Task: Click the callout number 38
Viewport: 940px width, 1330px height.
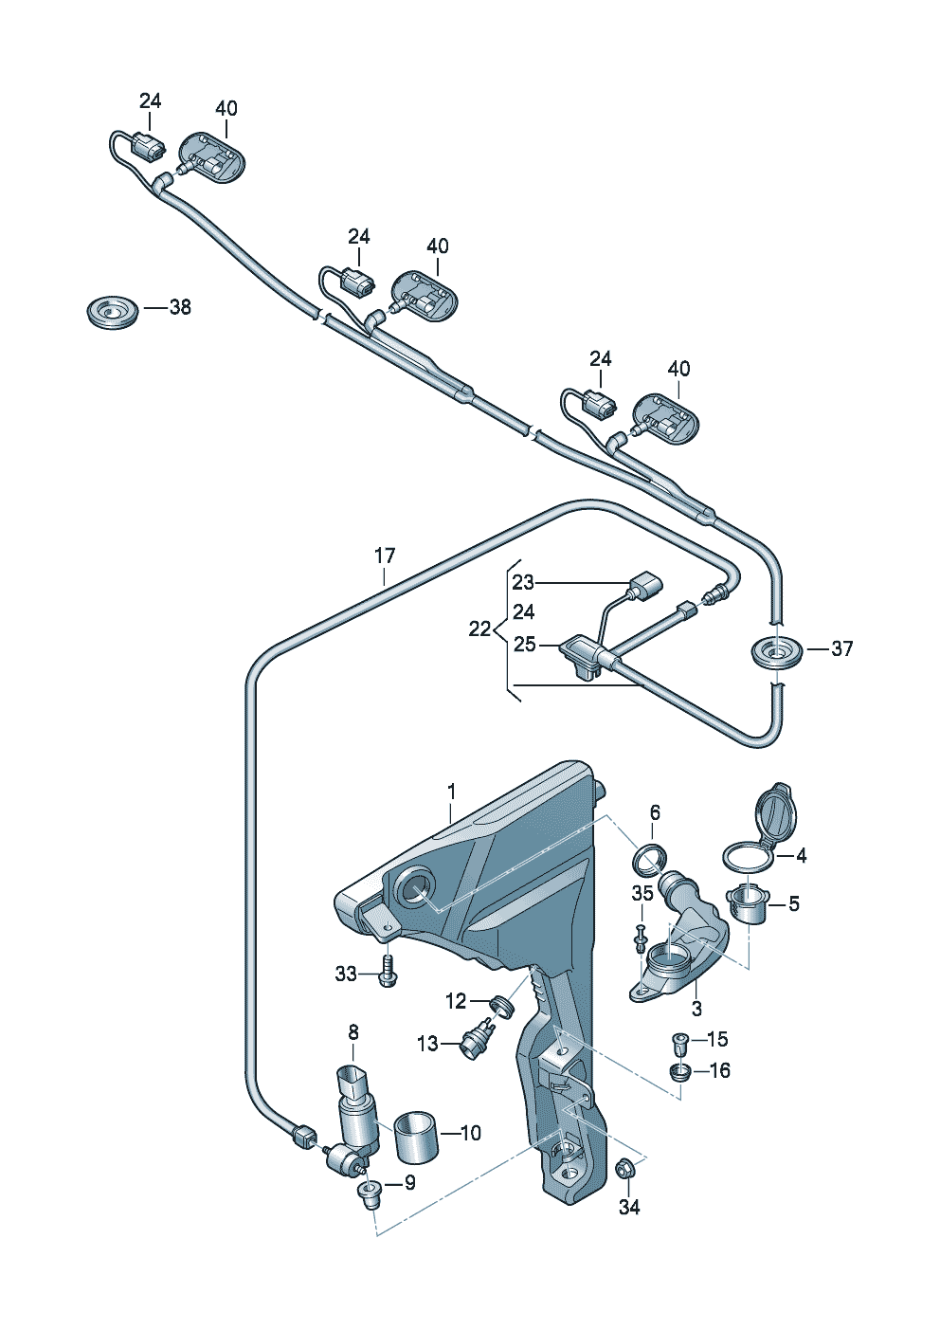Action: (179, 307)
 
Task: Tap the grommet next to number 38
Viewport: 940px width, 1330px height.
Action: (112, 310)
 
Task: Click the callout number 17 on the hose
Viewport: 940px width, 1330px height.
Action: (384, 556)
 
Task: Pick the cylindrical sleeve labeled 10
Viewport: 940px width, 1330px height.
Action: (416, 1135)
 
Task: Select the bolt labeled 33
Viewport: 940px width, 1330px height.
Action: (387, 974)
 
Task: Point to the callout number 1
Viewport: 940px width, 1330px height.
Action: (452, 791)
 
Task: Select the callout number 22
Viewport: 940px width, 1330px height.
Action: (480, 628)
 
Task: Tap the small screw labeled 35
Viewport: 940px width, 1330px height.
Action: (642, 935)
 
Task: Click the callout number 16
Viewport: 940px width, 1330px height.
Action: (719, 1070)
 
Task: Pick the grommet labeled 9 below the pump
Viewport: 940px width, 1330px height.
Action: (368, 1192)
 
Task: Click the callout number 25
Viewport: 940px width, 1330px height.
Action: (525, 645)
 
